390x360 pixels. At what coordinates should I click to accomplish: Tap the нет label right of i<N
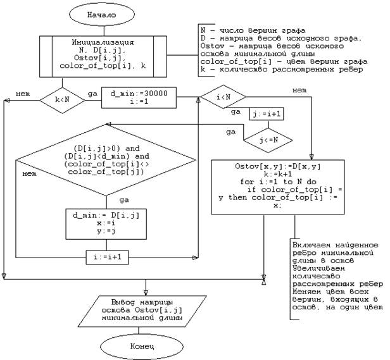pyautogui.click(x=300, y=90)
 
